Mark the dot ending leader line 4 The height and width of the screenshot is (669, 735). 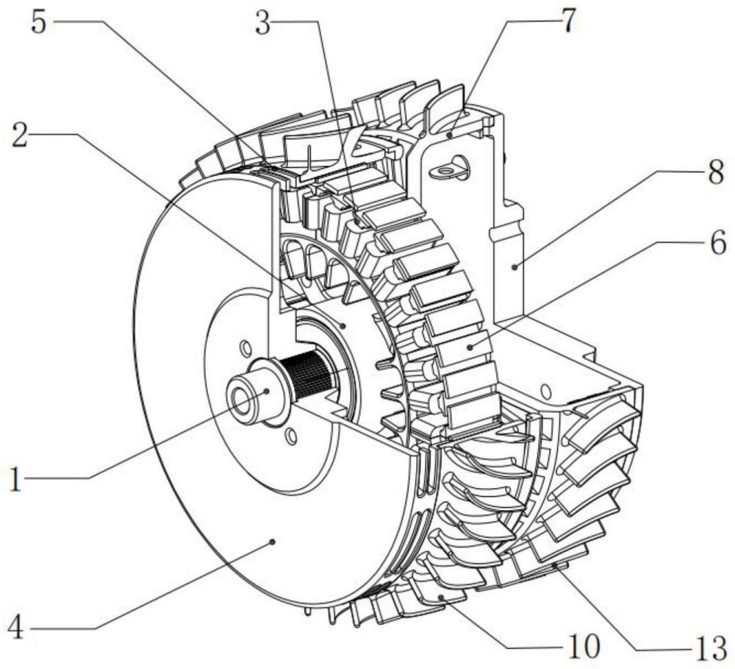point(273,541)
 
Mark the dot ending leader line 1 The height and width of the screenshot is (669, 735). point(267,391)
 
